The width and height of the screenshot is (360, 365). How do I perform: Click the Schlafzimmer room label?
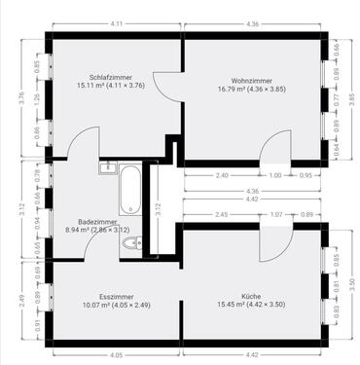[x=110, y=75]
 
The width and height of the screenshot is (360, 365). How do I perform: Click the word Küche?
[x=251, y=295]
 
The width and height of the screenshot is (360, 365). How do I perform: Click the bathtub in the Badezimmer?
[x=129, y=190]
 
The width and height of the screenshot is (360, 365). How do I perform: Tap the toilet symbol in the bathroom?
[x=133, y=242]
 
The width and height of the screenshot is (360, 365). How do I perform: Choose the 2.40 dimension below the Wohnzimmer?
[x=222, y=175]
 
